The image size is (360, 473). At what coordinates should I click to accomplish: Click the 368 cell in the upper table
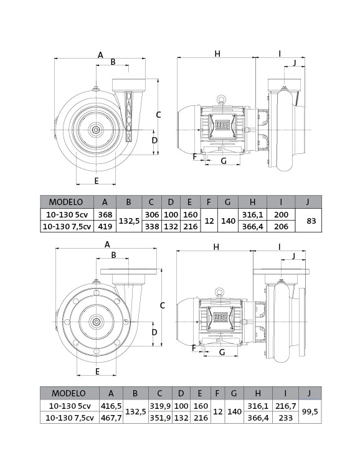[x=105, y=214]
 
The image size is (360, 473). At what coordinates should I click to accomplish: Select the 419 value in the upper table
[x=105, y=226]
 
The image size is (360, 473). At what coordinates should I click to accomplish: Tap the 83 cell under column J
[x=311, y=221]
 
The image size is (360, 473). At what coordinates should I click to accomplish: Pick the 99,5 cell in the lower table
[x=310, y=412]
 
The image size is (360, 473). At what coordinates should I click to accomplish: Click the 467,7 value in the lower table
[x=111, y=418]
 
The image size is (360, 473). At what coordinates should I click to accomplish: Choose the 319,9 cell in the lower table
[x=161, y=406]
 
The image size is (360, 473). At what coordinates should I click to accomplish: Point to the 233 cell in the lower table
[x=285, y=418]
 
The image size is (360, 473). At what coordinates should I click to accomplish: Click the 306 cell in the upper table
[x=151, y=214]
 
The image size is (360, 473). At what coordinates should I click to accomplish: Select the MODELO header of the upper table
[x=66, y=202]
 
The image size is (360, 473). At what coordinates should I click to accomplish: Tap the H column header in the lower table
[x=258, y=393]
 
